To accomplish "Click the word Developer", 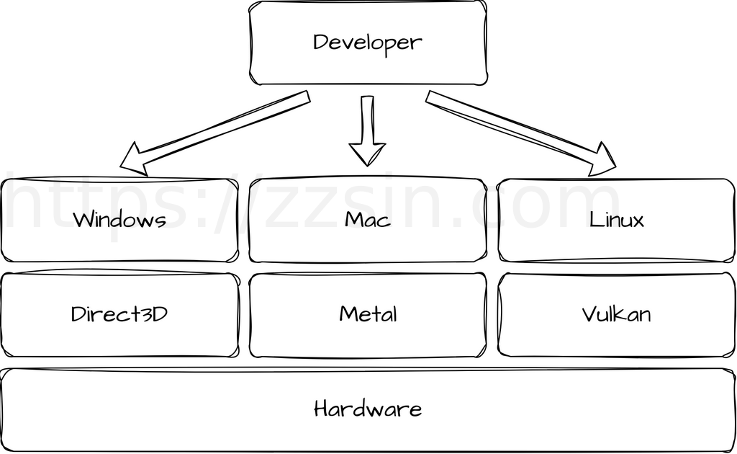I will pyautogui.click(x=367, y=43).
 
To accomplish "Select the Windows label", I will pyautogui.click(x=119, y=219).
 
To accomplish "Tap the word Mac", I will pyautogui.click(x=367, y=219).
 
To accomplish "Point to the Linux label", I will pyautogui.click(x=617, y=219).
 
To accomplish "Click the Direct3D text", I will pyautogui.click(x=119, y=314).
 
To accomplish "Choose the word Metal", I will pyautogui.click(x=368, y=314).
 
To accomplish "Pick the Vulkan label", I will pyautogui.click(x=617, y=314).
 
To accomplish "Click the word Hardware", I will pyautogui.click(x=368, y=409).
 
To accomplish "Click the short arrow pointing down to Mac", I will pyautogui.click(x=367, y=130).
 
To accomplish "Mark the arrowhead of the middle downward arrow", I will pyautogui.click(x=367, y=154).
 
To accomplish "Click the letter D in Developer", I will pyautogui.click(x=320, y=42).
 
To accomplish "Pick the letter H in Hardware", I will pyautogui.click(x=322, y=409).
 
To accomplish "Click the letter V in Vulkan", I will pyautogui.click(x=589, y=314).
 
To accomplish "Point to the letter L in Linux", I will pyautogui.click(x=594, y=219).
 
